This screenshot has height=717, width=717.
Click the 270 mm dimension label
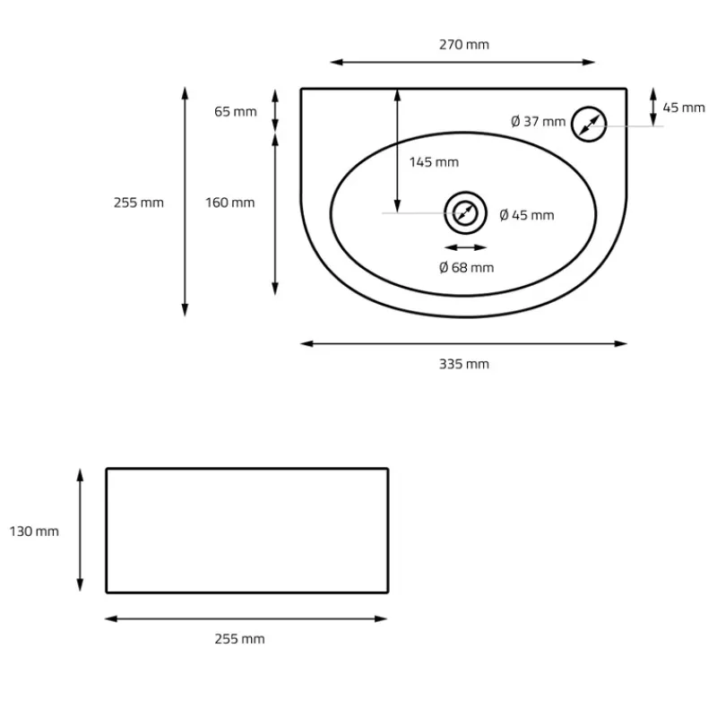[x=464, y=45]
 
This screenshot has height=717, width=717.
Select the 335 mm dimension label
[x=464, y=364]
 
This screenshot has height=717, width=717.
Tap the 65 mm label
[x=235, y=111]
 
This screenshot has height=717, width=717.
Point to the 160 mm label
[x=229, y=203]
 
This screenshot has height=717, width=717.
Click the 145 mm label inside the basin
[x=434, y=162]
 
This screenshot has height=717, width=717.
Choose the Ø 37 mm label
[x=538, y=122]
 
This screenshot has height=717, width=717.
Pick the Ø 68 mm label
[x=466, y=267]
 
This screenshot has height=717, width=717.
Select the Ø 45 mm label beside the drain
[x=526, y=215]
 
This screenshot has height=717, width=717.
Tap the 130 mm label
[x=34, y=531]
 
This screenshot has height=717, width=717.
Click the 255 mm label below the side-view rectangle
[x=239, y=639]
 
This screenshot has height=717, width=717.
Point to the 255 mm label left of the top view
[x=139, y=203]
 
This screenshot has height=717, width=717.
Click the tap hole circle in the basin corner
[x=588, y=123]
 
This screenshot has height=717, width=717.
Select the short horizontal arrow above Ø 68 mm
[x=465, y=247]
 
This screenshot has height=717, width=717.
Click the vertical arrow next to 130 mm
[x=80, y=530]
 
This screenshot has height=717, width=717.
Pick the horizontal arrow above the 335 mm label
[x=463, y=342]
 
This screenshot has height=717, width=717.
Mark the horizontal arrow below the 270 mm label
[x=462, y=62]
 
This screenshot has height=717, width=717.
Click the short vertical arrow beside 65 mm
[x=275, y=111]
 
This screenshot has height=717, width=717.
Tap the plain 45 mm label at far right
[x=684, y=108]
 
